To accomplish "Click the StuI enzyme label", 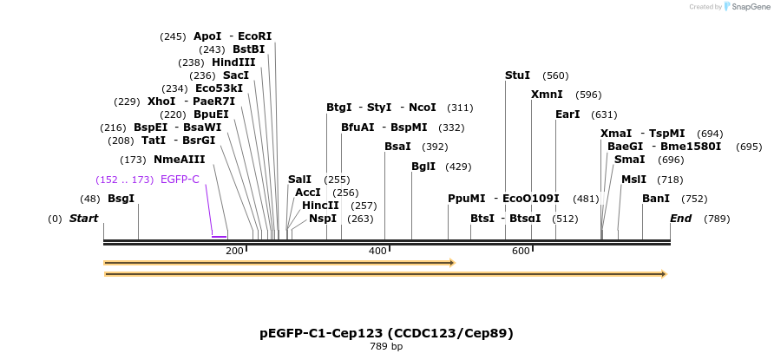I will coord(517,75).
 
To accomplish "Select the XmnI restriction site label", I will coord(547,95).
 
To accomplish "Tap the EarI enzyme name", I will coord(567,115).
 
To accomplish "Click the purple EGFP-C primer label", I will coord(180,180).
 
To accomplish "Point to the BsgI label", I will coord(121,199).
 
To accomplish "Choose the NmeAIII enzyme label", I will coord(180,160).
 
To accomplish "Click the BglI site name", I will coord(423,167).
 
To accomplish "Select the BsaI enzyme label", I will coord(397,147).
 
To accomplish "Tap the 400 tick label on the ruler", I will coord(377,252).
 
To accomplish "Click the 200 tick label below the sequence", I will coord(234,252).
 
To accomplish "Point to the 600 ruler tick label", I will coord(521,252).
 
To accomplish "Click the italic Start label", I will coord(83,219).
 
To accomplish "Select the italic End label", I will coord(680,219).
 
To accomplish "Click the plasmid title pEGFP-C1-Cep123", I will coord(386,333).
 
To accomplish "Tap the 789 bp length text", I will coord(386,347).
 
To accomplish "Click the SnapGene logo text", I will coord(751,7).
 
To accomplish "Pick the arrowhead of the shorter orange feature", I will coord(451,262).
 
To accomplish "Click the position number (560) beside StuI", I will coord(555,75).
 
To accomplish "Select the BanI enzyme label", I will coord(656,199).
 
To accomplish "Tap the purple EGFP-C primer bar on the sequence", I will coord(220,236).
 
